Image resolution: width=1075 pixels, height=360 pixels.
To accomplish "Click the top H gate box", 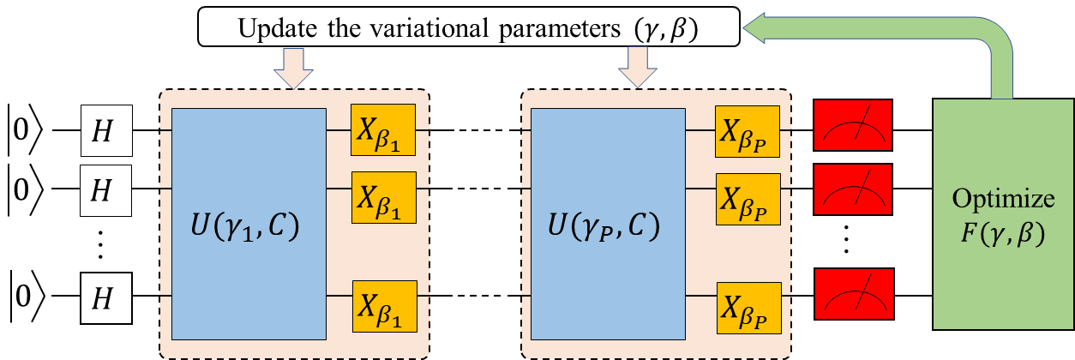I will click(x=105, y=130).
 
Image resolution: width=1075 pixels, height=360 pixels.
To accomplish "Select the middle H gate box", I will click(x=105, y=190).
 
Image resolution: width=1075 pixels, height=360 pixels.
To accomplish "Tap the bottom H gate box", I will click(x=105, y=298).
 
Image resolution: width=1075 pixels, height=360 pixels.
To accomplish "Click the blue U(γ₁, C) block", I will click(x=249, y=224).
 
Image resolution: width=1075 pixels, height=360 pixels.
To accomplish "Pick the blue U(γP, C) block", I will click(x=607, y=224).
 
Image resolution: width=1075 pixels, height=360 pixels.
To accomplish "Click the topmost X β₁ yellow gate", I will click(x=382, y=130).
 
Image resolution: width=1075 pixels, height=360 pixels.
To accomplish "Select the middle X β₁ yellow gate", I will click(x=382, y=197).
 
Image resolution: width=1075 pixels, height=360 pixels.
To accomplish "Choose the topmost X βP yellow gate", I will click(x=747, y=131).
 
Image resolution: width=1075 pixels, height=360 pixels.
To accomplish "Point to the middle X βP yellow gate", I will click(x=748, y=198).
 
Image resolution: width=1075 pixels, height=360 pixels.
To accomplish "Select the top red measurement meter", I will click(x=853, y=125).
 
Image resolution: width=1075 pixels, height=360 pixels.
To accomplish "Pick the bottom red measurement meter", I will click(x=854, y=293).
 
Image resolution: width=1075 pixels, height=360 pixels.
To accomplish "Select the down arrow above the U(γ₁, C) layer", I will click(x=292, y=69).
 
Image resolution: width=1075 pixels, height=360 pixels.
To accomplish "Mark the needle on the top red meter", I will click(x=860, y=117).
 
